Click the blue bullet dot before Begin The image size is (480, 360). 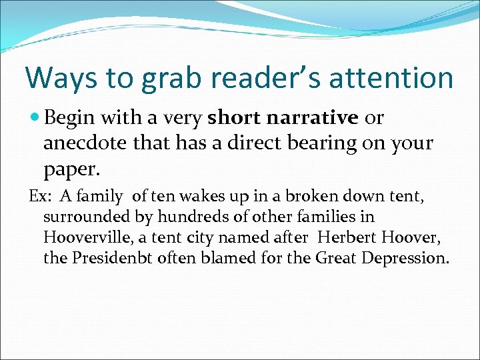(35, 119)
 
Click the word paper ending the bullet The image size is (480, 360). (71, 169)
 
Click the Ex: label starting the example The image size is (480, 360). (37, 197)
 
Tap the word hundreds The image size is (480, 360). (186, 217)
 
